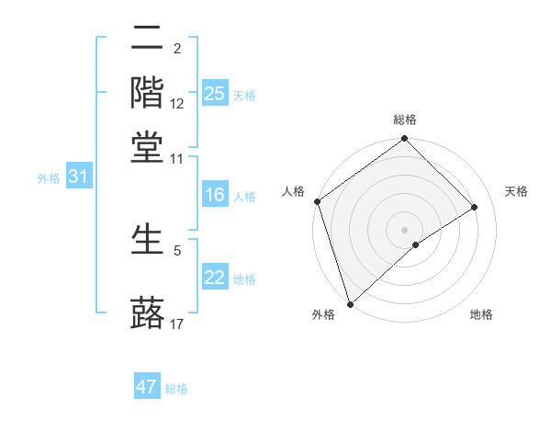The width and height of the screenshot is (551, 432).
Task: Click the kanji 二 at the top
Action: (x=148, y=40)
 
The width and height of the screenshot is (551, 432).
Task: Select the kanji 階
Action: (x=148, y=93)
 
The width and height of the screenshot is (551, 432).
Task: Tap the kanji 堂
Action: (x=148, y=146)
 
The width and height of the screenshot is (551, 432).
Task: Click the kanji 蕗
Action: (x=148, y=312)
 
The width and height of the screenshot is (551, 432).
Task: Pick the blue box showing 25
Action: (x=214, y=93)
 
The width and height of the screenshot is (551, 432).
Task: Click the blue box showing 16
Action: (x=214, y=195)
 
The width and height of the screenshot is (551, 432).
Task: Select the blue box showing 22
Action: (x=214, y=278)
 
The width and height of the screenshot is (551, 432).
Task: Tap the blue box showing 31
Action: (x=78, y=177)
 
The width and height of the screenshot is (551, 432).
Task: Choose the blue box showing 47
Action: (x=147, y=387)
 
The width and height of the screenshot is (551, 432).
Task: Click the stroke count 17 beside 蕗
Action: (x=177, y=324)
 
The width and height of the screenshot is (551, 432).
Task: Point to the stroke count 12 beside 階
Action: (x=177, y=104)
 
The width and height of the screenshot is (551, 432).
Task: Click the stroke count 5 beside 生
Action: (x=177, y=249)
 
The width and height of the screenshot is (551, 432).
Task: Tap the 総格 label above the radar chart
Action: (x=405, y=119)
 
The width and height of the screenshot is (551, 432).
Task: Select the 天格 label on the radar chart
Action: (x=516, y=191)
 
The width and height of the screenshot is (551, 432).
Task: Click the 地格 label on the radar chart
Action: (x=481, y=314)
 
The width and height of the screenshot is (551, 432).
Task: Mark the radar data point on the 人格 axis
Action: (x=317, y=201)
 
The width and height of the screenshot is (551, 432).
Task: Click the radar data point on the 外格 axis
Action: (x=350, y=303)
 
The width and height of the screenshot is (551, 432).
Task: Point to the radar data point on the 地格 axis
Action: (x=416, y=244)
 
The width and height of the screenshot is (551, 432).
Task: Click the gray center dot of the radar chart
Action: (x=405, y=229)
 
